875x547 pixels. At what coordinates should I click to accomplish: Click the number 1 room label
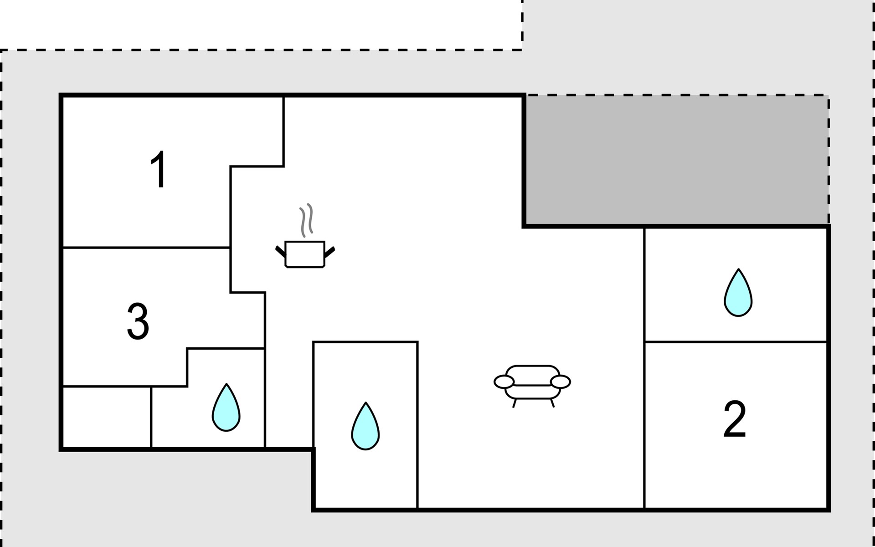(159, 170)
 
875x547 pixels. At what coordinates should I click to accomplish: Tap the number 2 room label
(735, 419)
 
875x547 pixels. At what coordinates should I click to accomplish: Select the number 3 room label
(138, 321)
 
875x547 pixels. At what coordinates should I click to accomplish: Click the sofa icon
(532, 385)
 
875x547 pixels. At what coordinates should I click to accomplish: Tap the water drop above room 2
(738, 293)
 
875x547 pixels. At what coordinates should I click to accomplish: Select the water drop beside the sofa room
(365, 426)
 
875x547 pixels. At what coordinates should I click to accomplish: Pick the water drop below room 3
(226, 408)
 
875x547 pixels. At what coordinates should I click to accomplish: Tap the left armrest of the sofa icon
(504, 382)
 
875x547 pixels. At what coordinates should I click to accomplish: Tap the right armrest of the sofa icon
(561, 382)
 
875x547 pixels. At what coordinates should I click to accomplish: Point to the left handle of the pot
(280, 252)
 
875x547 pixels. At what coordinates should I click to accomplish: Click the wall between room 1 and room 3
(146, 248)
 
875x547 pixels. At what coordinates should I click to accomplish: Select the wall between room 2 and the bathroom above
(736, 341)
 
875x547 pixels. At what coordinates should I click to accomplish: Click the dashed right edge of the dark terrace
(829, 160)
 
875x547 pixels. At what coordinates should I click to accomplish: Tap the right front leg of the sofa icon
(552, 403)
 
